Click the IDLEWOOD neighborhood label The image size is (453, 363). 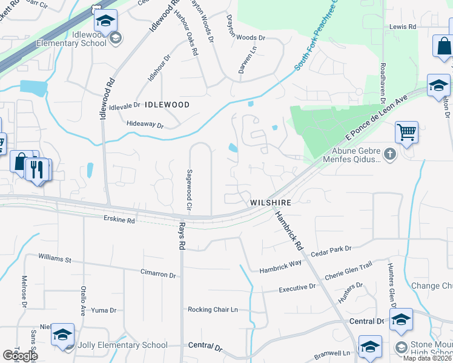click(x=167, y=105)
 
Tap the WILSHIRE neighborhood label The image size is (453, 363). click(x=271, y=203)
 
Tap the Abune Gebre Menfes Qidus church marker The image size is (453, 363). click(x=389, y=154)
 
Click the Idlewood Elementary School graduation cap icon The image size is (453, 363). click(x=105, y=21)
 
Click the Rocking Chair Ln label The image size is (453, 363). click(x=213, y=310)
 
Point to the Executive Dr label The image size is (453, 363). click(x=297, y=289)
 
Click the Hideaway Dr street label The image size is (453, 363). click(x=145, y=125)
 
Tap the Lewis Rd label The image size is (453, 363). click(x=403, y=27)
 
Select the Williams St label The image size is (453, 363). click(x=55, y=259)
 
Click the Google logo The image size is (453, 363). click(x=20, y=356)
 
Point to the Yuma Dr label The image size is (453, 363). click(x=103, y=310)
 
